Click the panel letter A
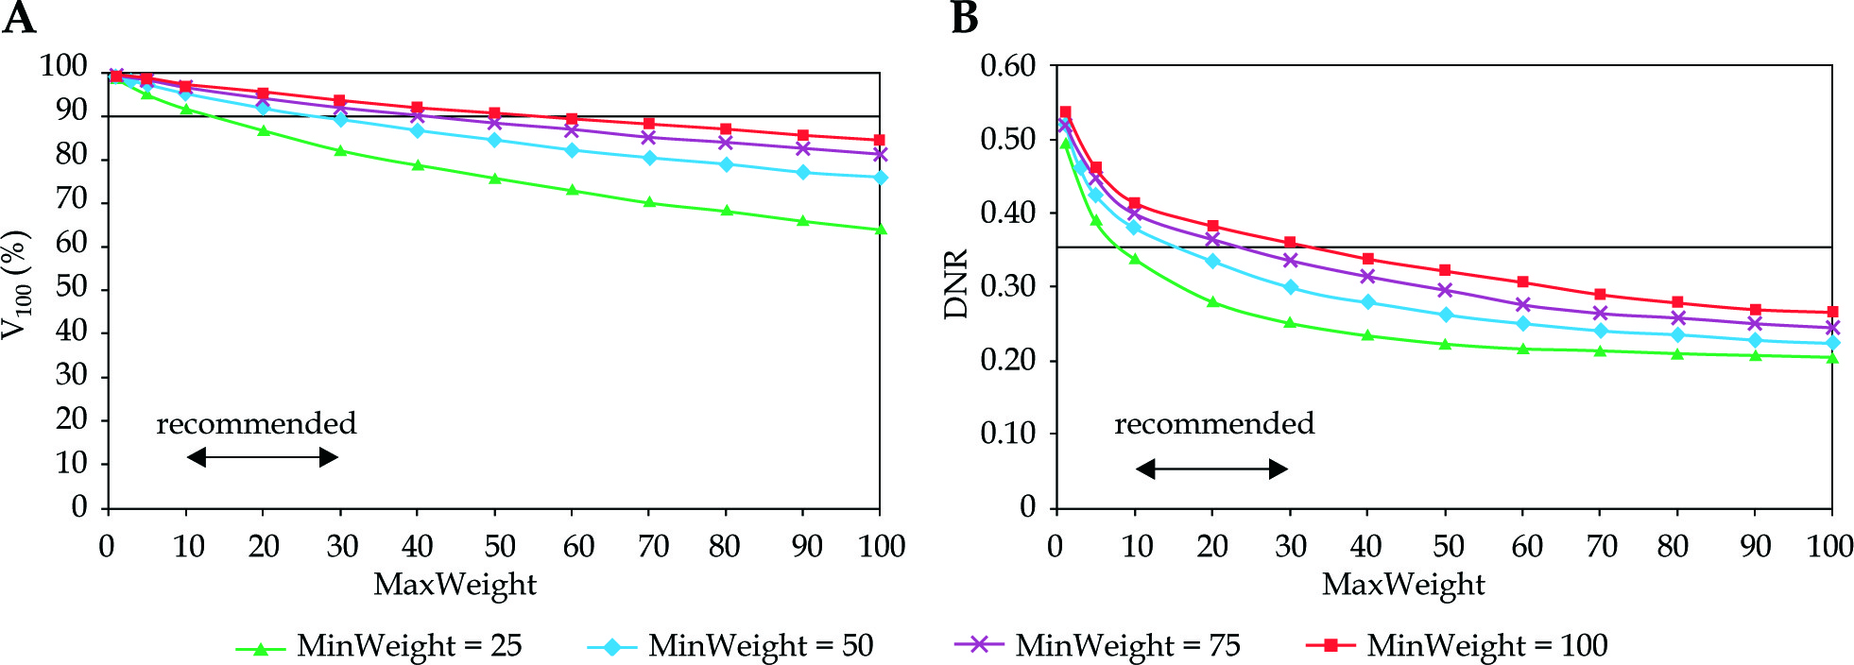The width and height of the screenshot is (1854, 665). pyautogui.click(x=19, y=18)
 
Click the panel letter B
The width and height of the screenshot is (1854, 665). pyautogui.click(x=964, y=18)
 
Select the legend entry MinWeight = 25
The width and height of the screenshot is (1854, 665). pyautogui.click(x=379, y=646)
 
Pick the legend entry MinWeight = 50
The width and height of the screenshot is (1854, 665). pyautogui.click(x=730, y=646)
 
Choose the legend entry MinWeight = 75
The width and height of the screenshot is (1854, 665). pyautogui.click(x=1097, y=646)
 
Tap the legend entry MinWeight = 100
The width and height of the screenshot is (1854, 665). pyautogui.click(x=1456, y=646)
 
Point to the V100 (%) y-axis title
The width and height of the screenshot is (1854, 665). pyautogui.click(x=17, y=284)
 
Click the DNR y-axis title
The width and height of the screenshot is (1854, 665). pyautogui.click(x=956, y=284)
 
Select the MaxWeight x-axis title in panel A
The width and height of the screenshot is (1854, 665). pyautogui.click(x=455, y=585)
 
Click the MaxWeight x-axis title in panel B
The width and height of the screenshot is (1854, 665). pyautogui.click(x=1403, y=585)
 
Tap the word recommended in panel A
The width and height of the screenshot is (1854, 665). pyautogui.click(x=256, y=423)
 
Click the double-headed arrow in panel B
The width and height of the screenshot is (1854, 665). pyautogui.click(x=1211, y=469)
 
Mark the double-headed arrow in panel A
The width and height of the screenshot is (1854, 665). pyautogui.click(x=263, y=458)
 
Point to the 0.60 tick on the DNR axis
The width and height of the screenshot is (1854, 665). pyautogui.click(x=1007, y=66)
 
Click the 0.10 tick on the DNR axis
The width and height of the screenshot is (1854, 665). pyautogui.click(x=1007, y=434)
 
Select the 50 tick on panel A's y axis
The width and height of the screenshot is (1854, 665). pyautogui.click(x=71, y=287)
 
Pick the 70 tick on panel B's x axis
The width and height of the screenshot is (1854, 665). pyautogui.click(x=1601, y=546)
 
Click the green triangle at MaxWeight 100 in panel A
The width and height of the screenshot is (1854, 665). pyautogui.click(x=881, y=230)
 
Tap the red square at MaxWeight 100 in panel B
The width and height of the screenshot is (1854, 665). pyautogui.click(x=1832, y=312)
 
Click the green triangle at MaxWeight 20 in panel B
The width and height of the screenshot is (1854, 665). pyautogui.click(x=1212, y=302)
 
